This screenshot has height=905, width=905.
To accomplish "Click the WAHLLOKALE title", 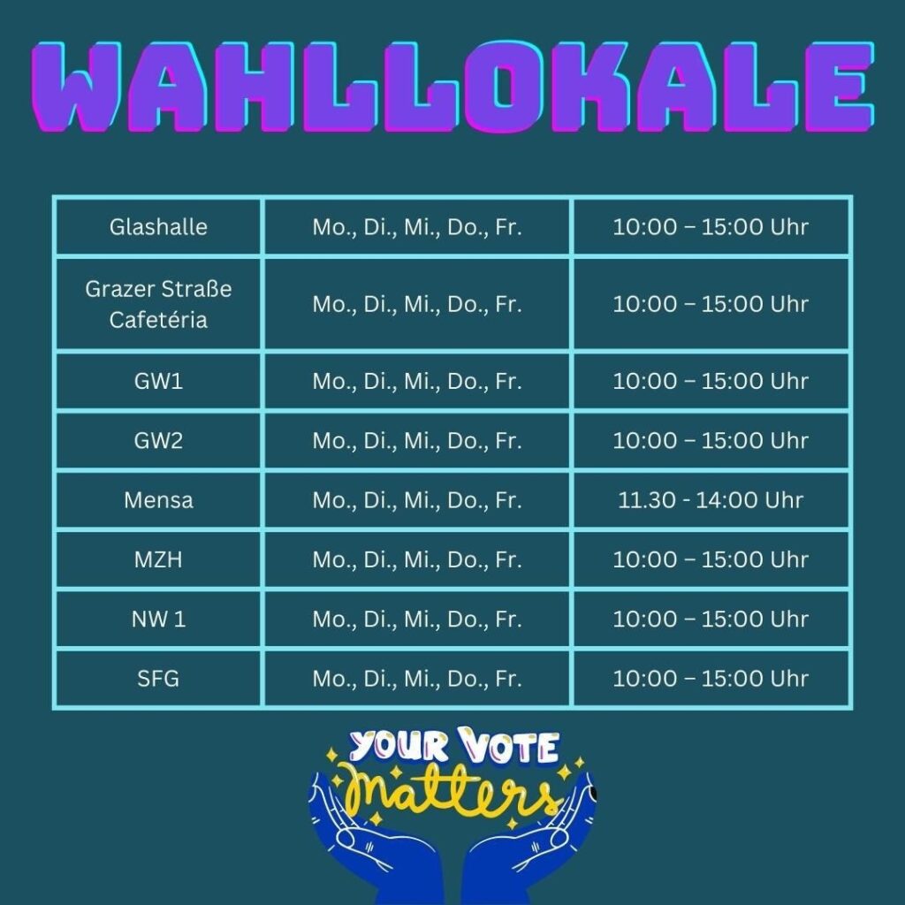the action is click(453, 87).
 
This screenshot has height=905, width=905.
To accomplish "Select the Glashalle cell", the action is click(158, 227).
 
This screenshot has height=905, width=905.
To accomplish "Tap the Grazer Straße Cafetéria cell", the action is click(158, 304).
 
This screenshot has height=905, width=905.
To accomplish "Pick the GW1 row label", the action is click(158, 381).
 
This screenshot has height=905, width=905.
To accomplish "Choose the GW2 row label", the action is click(158, 440).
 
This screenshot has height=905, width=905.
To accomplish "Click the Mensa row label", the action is click(158, 500).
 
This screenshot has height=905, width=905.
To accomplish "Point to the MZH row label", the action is click(158, 559).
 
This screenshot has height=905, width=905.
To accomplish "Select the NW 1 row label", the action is click(158, 619).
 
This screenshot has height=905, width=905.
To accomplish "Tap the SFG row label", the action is click(158, 678).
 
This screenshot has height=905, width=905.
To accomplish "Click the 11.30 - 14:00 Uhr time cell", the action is click(711, 500).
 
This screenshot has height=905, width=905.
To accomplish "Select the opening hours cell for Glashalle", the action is click(711, 227).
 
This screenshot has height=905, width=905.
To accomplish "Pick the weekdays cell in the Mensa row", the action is click(417, 500).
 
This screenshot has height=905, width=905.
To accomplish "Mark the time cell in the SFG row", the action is click(711, 678).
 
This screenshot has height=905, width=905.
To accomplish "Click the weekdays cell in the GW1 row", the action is click(417, 381).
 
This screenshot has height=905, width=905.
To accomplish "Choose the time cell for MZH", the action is click(711, 559).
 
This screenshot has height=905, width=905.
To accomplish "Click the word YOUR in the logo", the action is click(399, 745).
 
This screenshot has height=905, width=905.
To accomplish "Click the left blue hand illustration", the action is click(375, 848).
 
